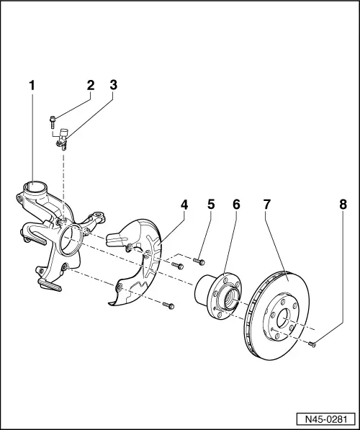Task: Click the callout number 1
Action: click(32, 85)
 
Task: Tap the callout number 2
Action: click(91, 85)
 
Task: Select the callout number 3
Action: click(114, 85)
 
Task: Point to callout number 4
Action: click(184, 205)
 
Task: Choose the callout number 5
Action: click(211, 205)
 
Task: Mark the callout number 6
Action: click(236, 205)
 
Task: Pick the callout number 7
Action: click(267, 205)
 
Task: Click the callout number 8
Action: click(343, 205)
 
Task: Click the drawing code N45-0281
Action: click(326, 419)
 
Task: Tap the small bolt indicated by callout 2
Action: click(53, 122)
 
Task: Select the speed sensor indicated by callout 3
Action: click(63, 139)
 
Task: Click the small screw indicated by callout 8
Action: click(312, 344)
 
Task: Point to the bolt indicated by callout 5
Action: click(199, 261)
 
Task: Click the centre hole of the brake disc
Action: click(283, 318)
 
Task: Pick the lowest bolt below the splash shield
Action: click(168, 305)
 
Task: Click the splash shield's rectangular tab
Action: click(114, 240)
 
